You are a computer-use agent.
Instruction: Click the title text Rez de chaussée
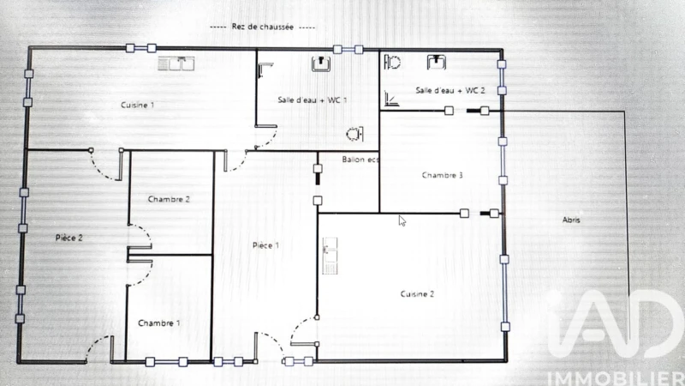(x=263, y=27)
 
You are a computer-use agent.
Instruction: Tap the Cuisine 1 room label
(x=137, y=105)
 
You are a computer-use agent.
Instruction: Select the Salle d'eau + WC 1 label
(x=313, y=100)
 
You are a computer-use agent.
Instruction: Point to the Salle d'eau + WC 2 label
(x=450, y=91)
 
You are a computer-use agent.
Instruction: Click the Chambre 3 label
(x=442, y=176)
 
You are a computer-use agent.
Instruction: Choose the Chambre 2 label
(x=169, y=200)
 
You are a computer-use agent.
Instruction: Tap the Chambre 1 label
(x=158, y=323)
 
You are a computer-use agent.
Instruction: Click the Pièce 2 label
(x=69, y=238)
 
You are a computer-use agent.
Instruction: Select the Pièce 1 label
(x=265, y=245)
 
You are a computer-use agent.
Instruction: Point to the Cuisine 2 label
(x=417, y=294)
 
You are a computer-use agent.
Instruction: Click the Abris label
(x=571, y=220)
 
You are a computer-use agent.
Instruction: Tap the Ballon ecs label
(x=360, y=160)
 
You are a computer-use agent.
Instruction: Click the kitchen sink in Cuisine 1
(x=176, y=63)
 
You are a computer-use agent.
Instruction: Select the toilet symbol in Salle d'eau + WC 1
(x=354, y=134)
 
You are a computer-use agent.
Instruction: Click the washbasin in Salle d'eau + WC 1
(x=321, y=63)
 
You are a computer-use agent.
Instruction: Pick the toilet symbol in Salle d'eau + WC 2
(x=392, y=63)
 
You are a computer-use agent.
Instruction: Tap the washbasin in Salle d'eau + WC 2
(x=437, y=63)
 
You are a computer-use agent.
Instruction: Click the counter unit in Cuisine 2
(x=330, y=256)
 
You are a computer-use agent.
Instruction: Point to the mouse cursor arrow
(x=402, y=221)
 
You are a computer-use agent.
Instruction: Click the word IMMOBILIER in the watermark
(x=616, y=379)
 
